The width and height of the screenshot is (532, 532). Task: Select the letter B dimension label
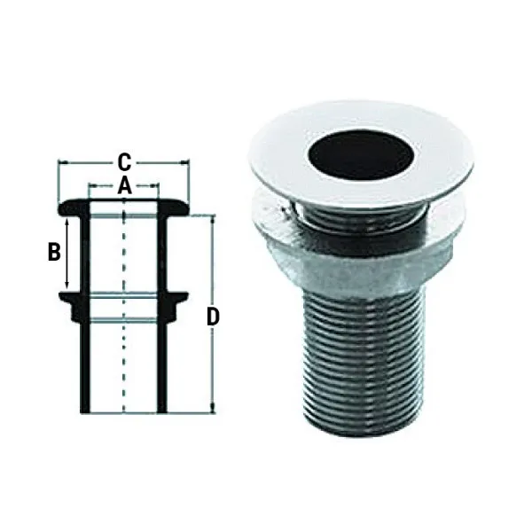click(54, 252)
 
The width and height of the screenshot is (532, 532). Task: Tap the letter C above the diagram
click(125, 161)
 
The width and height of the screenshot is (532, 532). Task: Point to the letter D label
click(213, 316)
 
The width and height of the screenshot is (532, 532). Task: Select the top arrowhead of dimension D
click(212, 218)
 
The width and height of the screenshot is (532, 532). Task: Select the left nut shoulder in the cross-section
click(66, 306)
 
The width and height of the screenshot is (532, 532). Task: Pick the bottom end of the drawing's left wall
click(85, 409)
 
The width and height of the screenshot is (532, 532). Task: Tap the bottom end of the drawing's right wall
click(162, 409)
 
